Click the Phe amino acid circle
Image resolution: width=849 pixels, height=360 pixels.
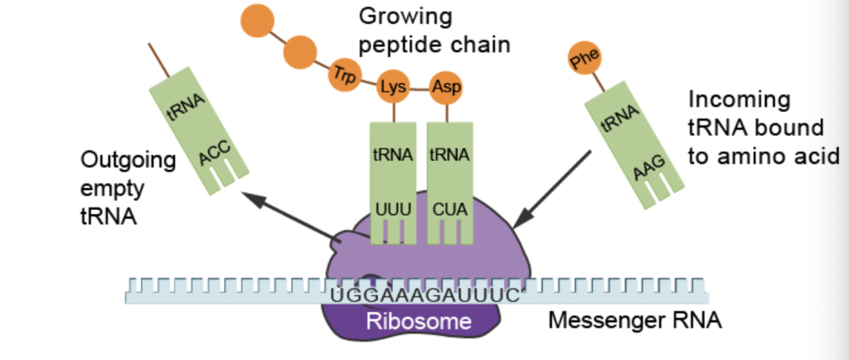583,59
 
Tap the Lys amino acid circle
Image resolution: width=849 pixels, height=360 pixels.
392,87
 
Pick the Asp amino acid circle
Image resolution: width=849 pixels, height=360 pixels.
446,87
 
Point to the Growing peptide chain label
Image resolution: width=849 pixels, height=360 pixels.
434,29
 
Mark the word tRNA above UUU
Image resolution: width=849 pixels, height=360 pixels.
393,155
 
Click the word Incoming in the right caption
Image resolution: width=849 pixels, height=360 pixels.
740,100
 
